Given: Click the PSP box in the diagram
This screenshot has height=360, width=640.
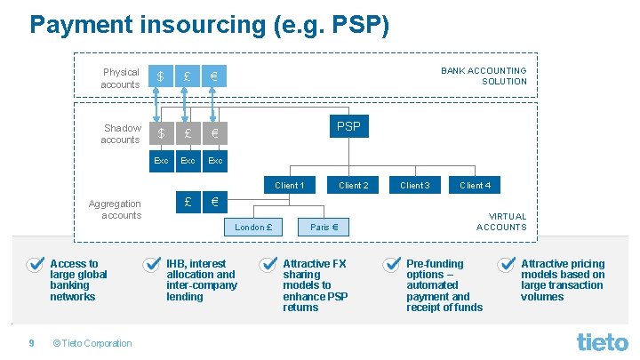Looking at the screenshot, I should [348, 127].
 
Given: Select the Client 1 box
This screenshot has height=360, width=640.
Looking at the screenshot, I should [289, 186].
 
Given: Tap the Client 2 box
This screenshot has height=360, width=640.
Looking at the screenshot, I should [353, 186].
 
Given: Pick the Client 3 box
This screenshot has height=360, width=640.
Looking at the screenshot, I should [414, 186].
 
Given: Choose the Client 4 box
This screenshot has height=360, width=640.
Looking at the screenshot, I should [475, 186].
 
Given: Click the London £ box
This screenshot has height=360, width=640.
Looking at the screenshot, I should [252, 227].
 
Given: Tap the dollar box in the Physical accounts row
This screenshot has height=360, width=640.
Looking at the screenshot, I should [161, 76].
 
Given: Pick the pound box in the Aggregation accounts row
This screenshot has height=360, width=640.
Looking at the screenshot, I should [188, 202].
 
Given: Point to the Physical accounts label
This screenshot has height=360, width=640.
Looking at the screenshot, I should [121, 78].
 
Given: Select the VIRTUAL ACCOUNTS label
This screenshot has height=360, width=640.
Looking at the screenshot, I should [501, 221].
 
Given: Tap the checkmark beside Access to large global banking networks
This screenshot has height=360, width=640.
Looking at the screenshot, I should [35, 264].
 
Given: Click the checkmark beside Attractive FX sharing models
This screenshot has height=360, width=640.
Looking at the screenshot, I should [267, 264].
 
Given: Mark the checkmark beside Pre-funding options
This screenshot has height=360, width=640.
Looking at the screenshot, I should [391, 264].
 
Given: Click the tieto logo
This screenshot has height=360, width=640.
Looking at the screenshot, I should [602, 340].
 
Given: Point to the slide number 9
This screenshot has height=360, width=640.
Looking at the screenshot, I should [31, 343].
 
